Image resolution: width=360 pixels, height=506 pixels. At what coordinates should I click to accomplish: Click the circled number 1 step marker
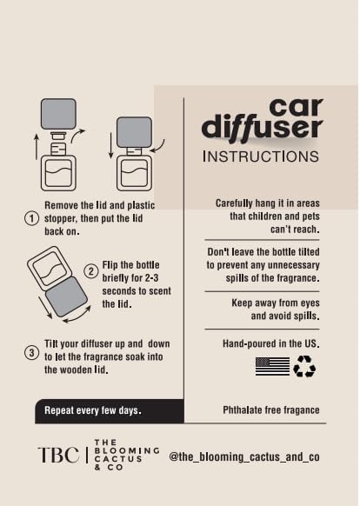(x=31, y=218)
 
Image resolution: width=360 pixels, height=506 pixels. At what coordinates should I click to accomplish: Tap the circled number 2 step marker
(x=91, y=271)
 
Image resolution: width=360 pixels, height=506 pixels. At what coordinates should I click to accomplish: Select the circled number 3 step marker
(x=31, y=352)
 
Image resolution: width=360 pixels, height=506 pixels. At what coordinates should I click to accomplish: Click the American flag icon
(x=272, y=366)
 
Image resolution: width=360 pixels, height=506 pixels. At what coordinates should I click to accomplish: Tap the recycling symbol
(x=304, y=366)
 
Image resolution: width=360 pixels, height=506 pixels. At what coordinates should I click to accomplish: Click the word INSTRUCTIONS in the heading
(x=261, y=156)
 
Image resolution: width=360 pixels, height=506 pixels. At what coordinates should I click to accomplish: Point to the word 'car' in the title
(x=296, y=107)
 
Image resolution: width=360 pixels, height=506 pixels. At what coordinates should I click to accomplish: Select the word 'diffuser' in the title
(x=262, y=128)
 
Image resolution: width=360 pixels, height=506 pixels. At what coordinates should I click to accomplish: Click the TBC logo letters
(x=58, y=455)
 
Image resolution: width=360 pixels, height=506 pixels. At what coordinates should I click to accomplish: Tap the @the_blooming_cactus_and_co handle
(x=244, y=456)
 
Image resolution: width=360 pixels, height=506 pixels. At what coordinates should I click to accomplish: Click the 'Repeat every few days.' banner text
(x=93, y=410)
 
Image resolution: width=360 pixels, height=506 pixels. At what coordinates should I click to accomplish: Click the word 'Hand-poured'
(x=250, y=343)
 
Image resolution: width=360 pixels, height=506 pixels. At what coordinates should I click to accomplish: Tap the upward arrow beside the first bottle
(x=37, y=147)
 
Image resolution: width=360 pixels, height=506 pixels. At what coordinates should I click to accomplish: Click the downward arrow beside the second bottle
(x=110, y=145)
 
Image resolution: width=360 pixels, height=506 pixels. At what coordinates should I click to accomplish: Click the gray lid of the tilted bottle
(x=66, y=296)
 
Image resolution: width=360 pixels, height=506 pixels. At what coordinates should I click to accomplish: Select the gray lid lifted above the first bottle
(x=58, y=114)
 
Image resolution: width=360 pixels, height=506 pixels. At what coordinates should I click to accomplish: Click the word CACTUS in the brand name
(x=118, y=459)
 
